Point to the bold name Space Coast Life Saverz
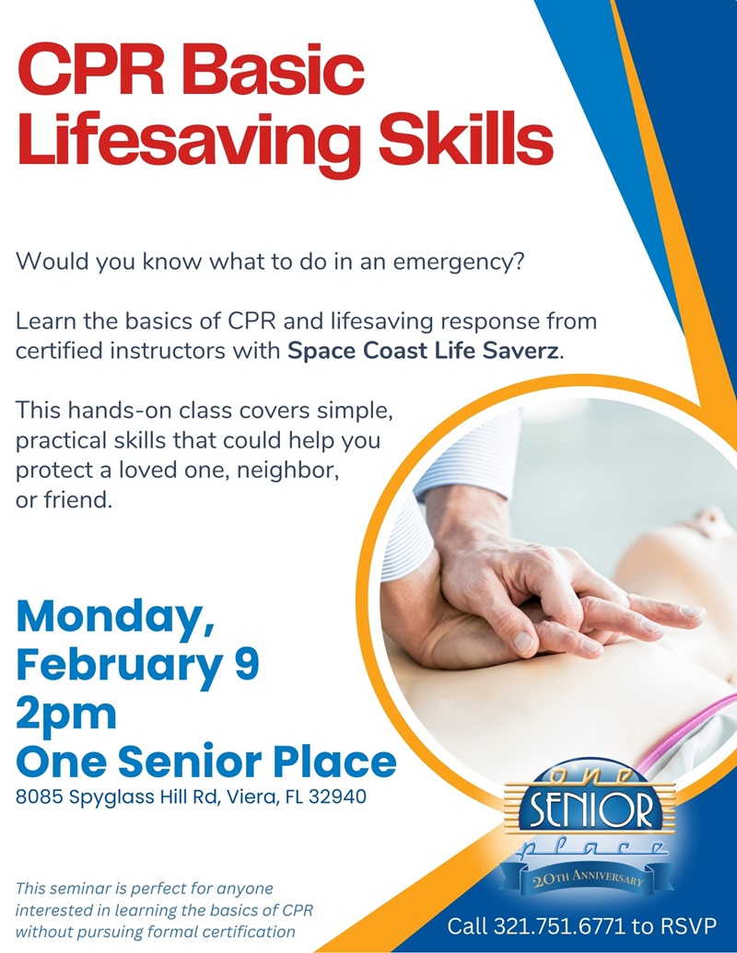pos(424,351)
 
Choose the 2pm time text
pos(66,713)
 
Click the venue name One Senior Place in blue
pos(206,761)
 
